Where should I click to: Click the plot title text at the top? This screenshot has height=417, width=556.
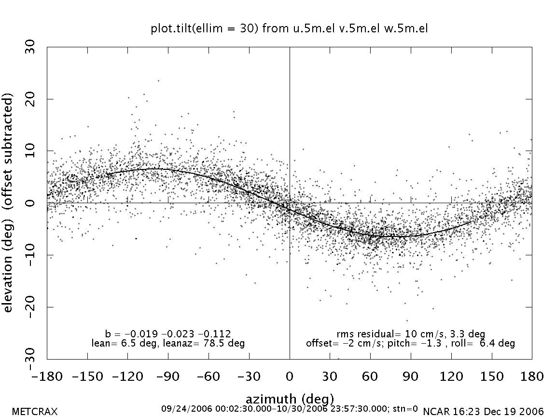point(290,29)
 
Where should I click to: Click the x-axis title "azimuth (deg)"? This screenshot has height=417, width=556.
point(290,399)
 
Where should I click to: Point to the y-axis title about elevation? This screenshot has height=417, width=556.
point(9,203)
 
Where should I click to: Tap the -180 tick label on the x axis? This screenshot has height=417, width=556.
point(47,376)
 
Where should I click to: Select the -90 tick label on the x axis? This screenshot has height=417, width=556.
point(168,376)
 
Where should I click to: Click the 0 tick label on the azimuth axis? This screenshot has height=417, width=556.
point(290,376)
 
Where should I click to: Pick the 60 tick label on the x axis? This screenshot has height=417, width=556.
point(370,376)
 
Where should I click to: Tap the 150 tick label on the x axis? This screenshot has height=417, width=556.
point(491,376)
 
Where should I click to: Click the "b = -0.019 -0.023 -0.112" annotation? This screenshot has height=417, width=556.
point(168,334)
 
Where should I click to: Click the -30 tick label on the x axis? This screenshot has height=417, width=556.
point(249,376)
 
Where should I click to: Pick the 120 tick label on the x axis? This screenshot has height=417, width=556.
point(451,376)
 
